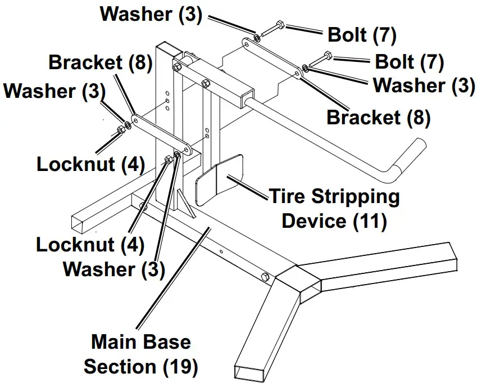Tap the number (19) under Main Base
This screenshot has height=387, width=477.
[180, 367]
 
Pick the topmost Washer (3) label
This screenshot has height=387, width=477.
[151, 13]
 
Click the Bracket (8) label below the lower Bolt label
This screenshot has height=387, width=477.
[378, 118]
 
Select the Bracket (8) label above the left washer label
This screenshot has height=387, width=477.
[101, 62]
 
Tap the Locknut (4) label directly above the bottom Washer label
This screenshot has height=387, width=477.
[90, 245]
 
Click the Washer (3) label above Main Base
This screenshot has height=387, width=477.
[114, 269]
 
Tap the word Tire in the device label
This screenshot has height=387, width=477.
[290, 197]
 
